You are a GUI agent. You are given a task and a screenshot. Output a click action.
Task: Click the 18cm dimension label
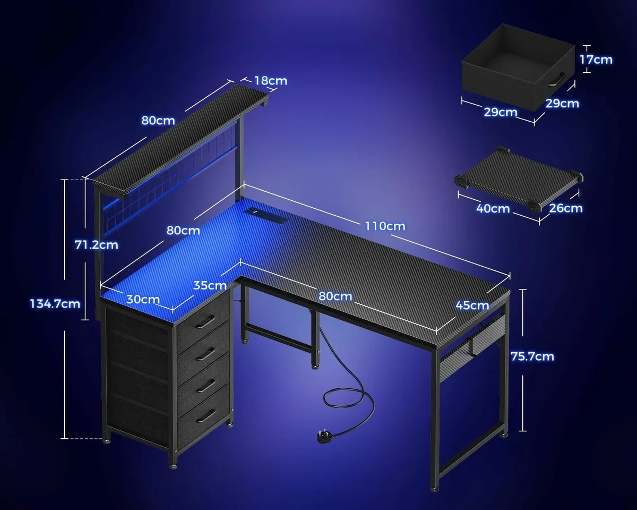click(270, 81)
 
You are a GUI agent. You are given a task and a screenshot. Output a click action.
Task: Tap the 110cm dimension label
click(384, 226)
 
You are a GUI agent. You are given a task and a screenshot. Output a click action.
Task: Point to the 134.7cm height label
click(55, 303)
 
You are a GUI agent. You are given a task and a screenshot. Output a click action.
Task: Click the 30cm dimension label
click(143, 299)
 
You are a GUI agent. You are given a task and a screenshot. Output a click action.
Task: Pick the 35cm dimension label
click(210, 285)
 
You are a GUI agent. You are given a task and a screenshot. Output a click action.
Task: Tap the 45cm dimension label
click(472, 305)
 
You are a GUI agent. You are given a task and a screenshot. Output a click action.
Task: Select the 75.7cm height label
click(532, 356)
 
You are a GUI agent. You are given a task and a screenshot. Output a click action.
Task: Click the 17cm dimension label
click(596, 59)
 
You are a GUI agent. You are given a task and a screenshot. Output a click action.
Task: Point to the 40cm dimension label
click(493, 208)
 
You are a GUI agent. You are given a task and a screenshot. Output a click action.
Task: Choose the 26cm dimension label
click(566, 208)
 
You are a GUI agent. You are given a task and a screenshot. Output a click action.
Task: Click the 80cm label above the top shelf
click(158, 120)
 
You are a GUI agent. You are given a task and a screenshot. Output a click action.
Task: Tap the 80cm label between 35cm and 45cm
click(335, 296)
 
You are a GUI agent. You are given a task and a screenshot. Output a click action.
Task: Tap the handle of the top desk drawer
click(204, 321)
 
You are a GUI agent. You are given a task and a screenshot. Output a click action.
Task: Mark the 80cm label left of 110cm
click(183, 231)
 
